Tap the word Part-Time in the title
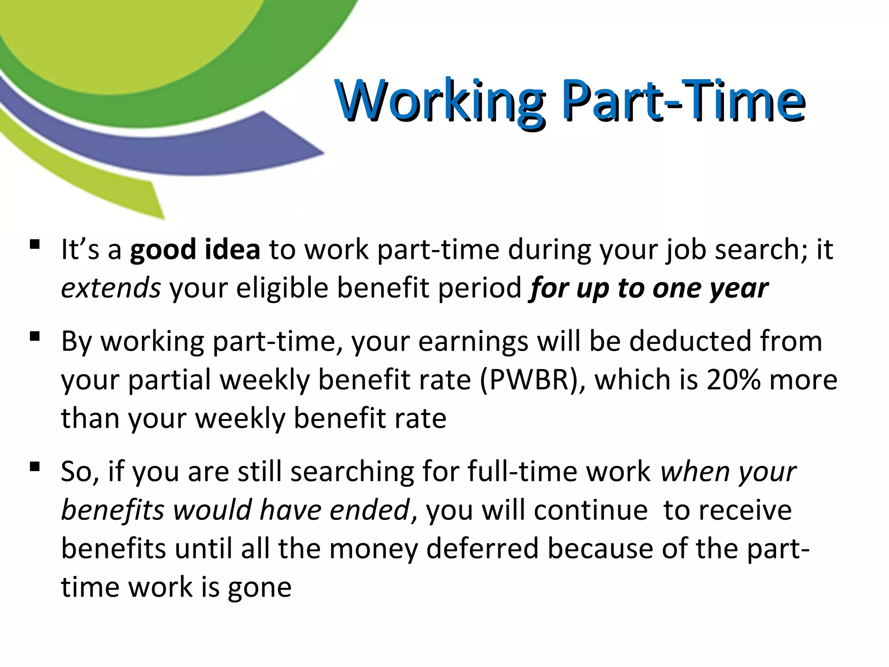[x=683, y=101]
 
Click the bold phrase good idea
[x=195, y=250]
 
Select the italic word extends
[x=111, y=288]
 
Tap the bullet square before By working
[x=35, y=336]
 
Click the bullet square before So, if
[x=35, y=467]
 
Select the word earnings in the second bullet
[x=473, y=342]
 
